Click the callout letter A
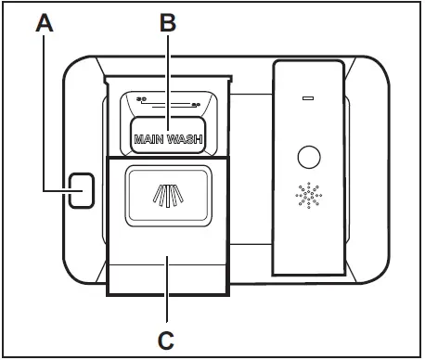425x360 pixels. pyautogui.click(x=45, y=23)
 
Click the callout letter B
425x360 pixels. pyautogui.click(x=168, y=23)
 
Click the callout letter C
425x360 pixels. pyautogui.click(x=168, y=335)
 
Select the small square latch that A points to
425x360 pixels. pyautogui.click(x=81, y=188)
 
